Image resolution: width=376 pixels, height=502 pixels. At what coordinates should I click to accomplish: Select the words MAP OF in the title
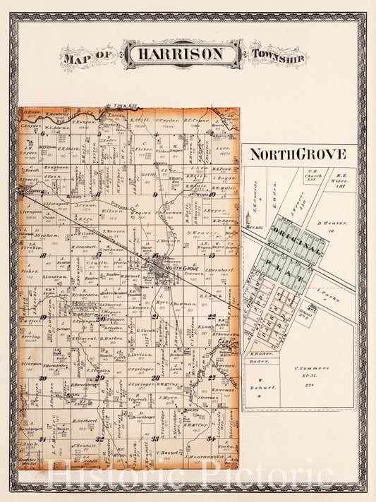[x=89, y=55]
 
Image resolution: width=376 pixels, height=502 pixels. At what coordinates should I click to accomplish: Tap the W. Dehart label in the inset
[x=260, y=384]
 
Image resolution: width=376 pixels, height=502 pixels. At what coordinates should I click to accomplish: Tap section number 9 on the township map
[x=154, y=192]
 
